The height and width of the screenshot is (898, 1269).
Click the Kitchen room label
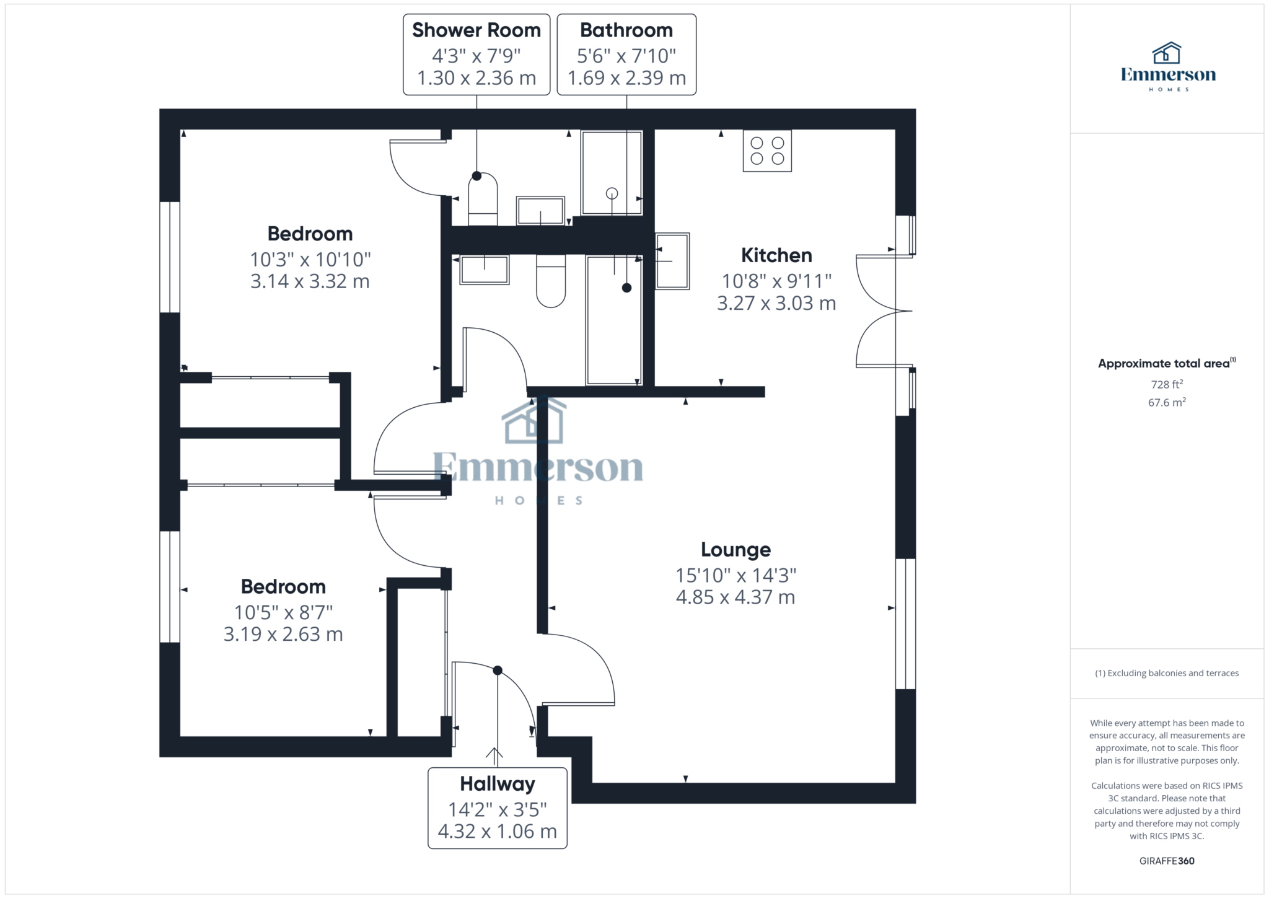(x=776, y=255)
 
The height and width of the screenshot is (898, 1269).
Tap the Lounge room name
(x=735, y=550)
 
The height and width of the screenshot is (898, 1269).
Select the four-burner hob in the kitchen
(x=767, y=151)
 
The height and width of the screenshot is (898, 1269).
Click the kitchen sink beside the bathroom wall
(x=672, y=261)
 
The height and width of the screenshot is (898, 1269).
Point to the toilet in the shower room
(x=483, y=199)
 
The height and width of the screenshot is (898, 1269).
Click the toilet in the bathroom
(x=551, y=281)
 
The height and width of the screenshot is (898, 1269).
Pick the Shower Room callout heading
(x=476, y=30)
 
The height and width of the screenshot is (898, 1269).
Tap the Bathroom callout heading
(x=626, y=30)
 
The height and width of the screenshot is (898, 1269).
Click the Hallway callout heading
(x=498, y=784)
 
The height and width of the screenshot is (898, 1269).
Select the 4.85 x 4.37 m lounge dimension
(x=735, y=597)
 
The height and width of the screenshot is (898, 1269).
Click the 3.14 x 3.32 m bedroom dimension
(x=310, y=281)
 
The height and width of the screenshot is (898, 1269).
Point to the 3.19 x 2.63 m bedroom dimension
(x=283, y=635)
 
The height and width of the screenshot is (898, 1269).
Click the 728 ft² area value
(x=1167, y=384)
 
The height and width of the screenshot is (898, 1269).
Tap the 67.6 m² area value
(x=1167, y=402)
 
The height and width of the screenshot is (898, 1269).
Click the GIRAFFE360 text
(x=1167, y=861)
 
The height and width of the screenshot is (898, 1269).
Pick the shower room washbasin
(x=540, y=211)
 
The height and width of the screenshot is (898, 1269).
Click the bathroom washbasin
(x=485, y=270)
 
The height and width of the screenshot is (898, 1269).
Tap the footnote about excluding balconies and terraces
(x=1167, y=673)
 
